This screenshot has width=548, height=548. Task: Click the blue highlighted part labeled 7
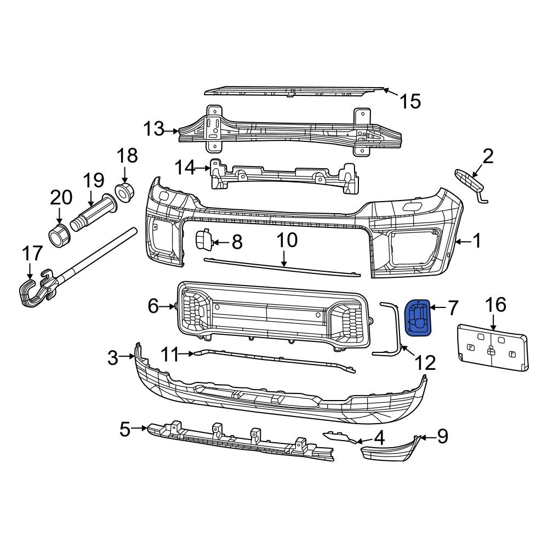[x=418, y=317]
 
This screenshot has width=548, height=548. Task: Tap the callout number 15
[x=409, y=101]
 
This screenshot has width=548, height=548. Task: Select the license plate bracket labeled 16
[x=492, y=348]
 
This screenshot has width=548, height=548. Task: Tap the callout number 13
[x=153, y=129]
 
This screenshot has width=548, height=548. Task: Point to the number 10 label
[x=286, y=240]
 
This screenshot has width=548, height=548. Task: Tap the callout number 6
[x=153, y=306]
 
